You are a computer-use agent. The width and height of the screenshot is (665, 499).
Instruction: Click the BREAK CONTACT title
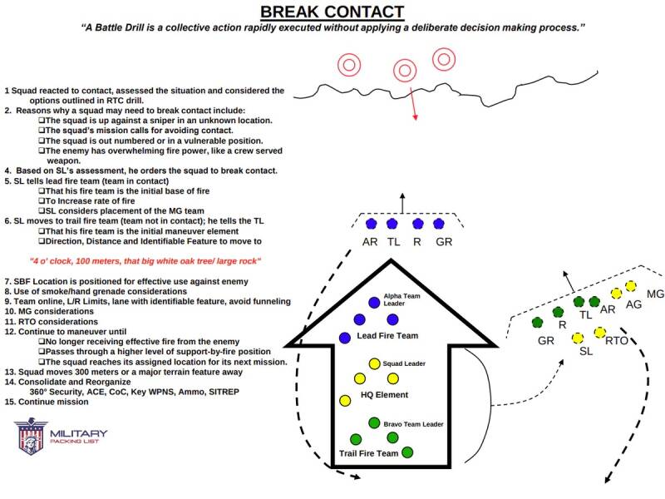pos(332,12)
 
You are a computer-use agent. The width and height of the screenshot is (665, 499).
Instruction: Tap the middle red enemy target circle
pos(404,70)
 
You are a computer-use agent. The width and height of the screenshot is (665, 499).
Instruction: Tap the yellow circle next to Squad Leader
pos(374,363)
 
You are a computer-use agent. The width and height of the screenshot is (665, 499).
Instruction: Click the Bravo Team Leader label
pos(413,424)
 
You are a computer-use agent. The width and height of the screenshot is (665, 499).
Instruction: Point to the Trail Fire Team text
pos(369,453)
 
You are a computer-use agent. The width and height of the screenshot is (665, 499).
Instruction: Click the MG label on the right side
pos(655,294)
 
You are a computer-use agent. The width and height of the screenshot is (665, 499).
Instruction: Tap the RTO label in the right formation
pos(616,340)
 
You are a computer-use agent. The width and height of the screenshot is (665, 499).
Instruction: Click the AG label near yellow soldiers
pos(634,305)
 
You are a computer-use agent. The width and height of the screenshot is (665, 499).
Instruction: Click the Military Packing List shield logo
pos(31,437)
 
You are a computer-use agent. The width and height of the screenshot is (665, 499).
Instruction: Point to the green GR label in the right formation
pos(546,341)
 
